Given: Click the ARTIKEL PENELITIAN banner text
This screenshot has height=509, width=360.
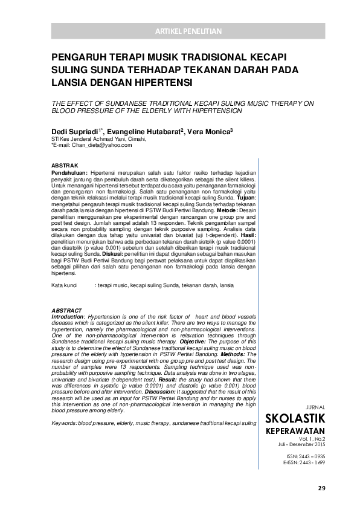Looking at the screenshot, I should point(188,31).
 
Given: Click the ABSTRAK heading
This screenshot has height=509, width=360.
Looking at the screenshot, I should point(63,166).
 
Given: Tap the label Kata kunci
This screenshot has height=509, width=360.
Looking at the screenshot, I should point(63,284).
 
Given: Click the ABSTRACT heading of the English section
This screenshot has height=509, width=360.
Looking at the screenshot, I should point(66,311).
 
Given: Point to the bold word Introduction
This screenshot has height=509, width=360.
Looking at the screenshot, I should point(68,317).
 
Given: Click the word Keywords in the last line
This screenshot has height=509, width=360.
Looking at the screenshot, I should point(64,423).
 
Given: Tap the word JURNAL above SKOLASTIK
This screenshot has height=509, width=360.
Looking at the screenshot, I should point(317,407).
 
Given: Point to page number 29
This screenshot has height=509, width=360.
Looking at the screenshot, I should point(321,487).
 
